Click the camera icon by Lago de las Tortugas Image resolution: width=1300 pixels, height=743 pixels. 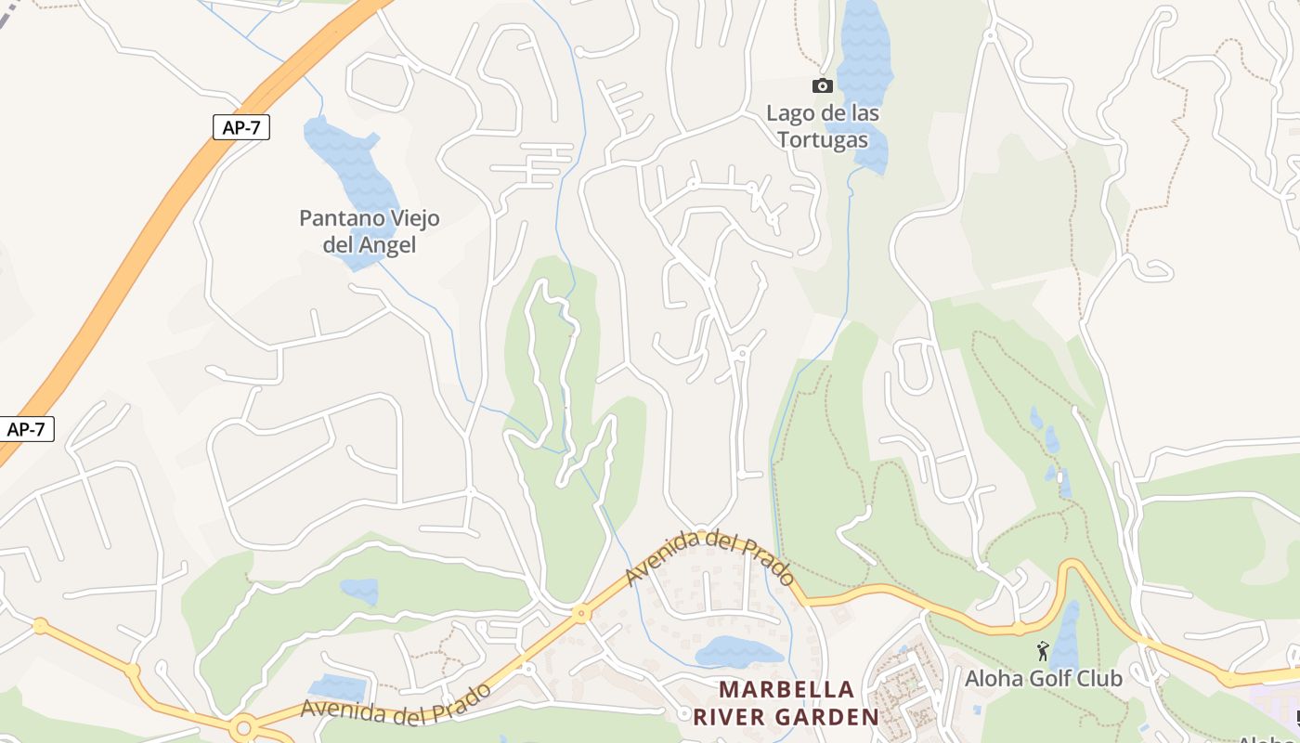(x=823, y=86)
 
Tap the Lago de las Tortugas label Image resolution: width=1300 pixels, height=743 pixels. (x=823, y=126)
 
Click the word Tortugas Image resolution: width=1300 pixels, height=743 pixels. (x=823, y=140)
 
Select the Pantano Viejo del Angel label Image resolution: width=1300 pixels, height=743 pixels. (x=370, y=231)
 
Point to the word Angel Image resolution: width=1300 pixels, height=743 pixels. (x=390, y=245)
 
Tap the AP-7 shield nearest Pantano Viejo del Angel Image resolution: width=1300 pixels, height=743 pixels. (x=241, y=127)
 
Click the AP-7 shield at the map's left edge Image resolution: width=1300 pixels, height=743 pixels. (x=25, y=429)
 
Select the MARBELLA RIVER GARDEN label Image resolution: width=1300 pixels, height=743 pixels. (x=786, y=703)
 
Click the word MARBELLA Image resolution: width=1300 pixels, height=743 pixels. (x=786, y=690)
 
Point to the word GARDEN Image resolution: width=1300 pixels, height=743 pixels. (x=829, y=717)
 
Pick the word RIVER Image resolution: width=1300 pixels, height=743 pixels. (x=731, y=717)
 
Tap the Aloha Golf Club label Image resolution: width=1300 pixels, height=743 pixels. (x=1044, y=678)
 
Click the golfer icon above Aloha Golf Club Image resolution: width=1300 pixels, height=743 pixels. (x=1043, y=651)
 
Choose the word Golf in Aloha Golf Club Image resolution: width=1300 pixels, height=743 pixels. (x=1043, y=678)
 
